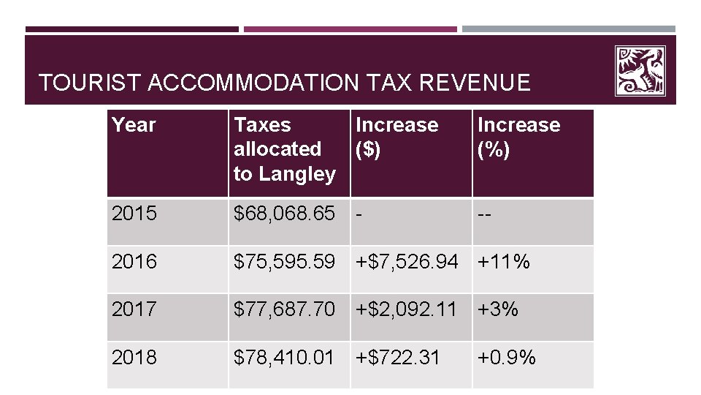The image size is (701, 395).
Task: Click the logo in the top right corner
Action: pos(640,71)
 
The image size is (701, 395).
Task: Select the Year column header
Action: pos(134,125)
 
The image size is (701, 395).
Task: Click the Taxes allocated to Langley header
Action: pos(284,149)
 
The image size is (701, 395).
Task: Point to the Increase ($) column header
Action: pos(397,137)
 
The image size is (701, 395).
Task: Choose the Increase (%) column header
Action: pos(518,137)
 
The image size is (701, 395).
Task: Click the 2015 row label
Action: pos(134,214)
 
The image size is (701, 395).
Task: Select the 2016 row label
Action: pos(134,262)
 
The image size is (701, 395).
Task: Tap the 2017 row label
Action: pos(134,309)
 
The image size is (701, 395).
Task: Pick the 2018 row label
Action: pos(134,357)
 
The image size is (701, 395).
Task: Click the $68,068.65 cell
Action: pos(284,214)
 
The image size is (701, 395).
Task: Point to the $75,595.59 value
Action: pos(284,262)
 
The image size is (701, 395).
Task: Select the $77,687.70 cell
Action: pos(284,309)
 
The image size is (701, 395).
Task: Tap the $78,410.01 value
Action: pos(284,357)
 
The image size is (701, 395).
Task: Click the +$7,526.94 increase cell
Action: pos(407,262)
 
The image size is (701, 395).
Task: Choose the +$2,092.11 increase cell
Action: pos(407,309)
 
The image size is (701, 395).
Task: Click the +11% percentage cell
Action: pos(504,262)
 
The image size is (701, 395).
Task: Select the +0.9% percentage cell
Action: pos(507,357)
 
